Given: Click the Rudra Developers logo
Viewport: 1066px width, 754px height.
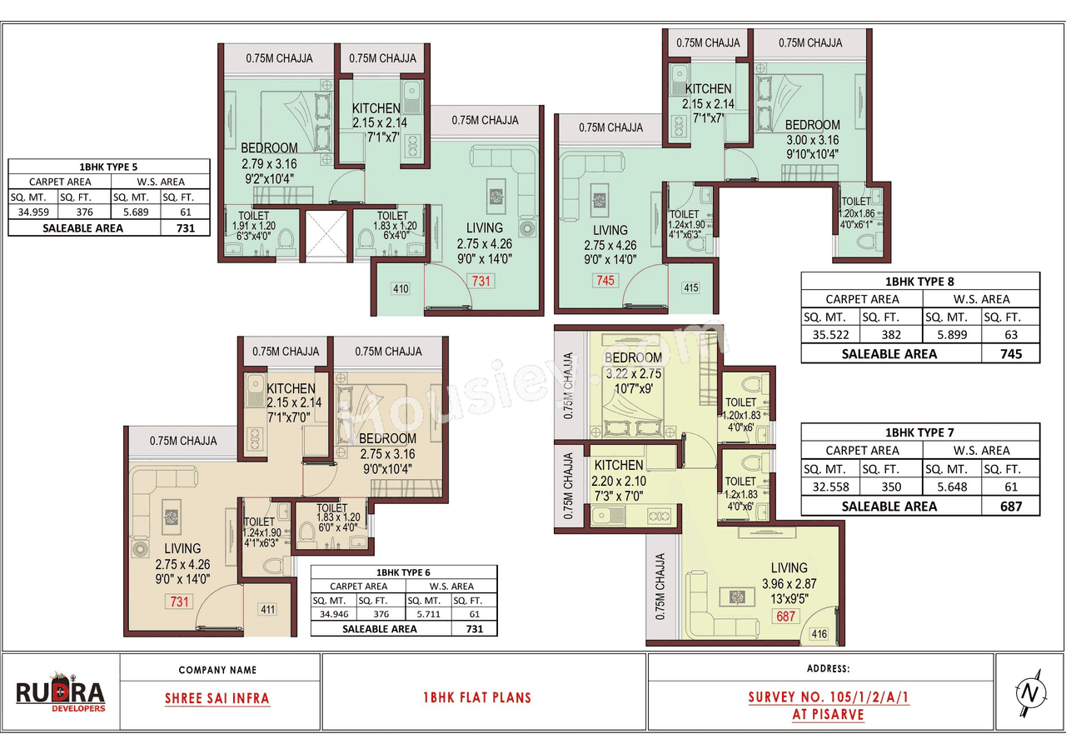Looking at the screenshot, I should click(61, 693).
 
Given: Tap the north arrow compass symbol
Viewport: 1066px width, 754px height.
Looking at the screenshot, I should click(1029, 692).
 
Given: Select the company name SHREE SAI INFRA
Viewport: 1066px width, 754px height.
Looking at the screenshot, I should click(217, 698).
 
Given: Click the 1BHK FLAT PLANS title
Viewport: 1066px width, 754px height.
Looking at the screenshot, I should click(477, 697).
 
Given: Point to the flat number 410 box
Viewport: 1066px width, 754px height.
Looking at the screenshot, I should click(401, 289).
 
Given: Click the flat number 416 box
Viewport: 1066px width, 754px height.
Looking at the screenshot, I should click(819, 634).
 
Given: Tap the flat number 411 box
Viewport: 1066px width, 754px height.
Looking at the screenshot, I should click(267, 609).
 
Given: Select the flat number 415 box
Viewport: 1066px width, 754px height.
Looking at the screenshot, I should click(690, 288).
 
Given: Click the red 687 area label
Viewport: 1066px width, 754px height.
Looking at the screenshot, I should click(785, 617).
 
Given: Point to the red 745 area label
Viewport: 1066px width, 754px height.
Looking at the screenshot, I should click(605, 280).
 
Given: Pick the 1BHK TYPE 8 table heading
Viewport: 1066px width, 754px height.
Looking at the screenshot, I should click(920, 282).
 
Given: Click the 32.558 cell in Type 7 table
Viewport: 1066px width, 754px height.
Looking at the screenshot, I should click(829, 487).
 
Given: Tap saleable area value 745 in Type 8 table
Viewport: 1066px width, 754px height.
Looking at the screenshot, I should click(1010, 353).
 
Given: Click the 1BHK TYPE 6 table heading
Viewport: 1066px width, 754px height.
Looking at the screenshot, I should click(404, 573).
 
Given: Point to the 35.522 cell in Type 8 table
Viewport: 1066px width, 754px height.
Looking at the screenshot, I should click(829, 335).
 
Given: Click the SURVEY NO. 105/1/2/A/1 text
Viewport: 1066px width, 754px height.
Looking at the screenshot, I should click(828, 697).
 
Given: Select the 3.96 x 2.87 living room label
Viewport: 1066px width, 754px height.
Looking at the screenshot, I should click(789, 584).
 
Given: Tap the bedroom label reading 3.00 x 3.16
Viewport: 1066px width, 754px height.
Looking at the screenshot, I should click(812, 141).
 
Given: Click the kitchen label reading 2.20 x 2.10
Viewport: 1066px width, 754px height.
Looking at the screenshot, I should click(619, 481).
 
